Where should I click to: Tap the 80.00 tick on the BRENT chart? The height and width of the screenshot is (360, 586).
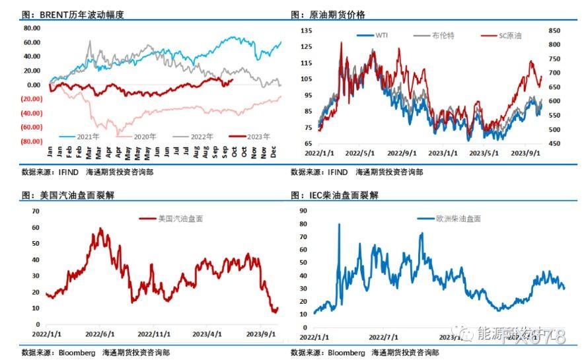coord(32,28)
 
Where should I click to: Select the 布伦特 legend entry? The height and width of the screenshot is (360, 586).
coord(443,35)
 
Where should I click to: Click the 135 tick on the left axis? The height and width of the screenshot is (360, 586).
coord(306,30)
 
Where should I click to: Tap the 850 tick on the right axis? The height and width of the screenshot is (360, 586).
coord(554,30)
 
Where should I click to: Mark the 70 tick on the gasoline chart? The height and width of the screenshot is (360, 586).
coord(36,211)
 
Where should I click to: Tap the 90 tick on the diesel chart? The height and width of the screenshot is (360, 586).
coord(303,211)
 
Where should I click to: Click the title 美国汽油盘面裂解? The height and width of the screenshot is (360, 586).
coord(73,196)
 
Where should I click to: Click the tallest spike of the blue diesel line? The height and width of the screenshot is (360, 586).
coord(339,225)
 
